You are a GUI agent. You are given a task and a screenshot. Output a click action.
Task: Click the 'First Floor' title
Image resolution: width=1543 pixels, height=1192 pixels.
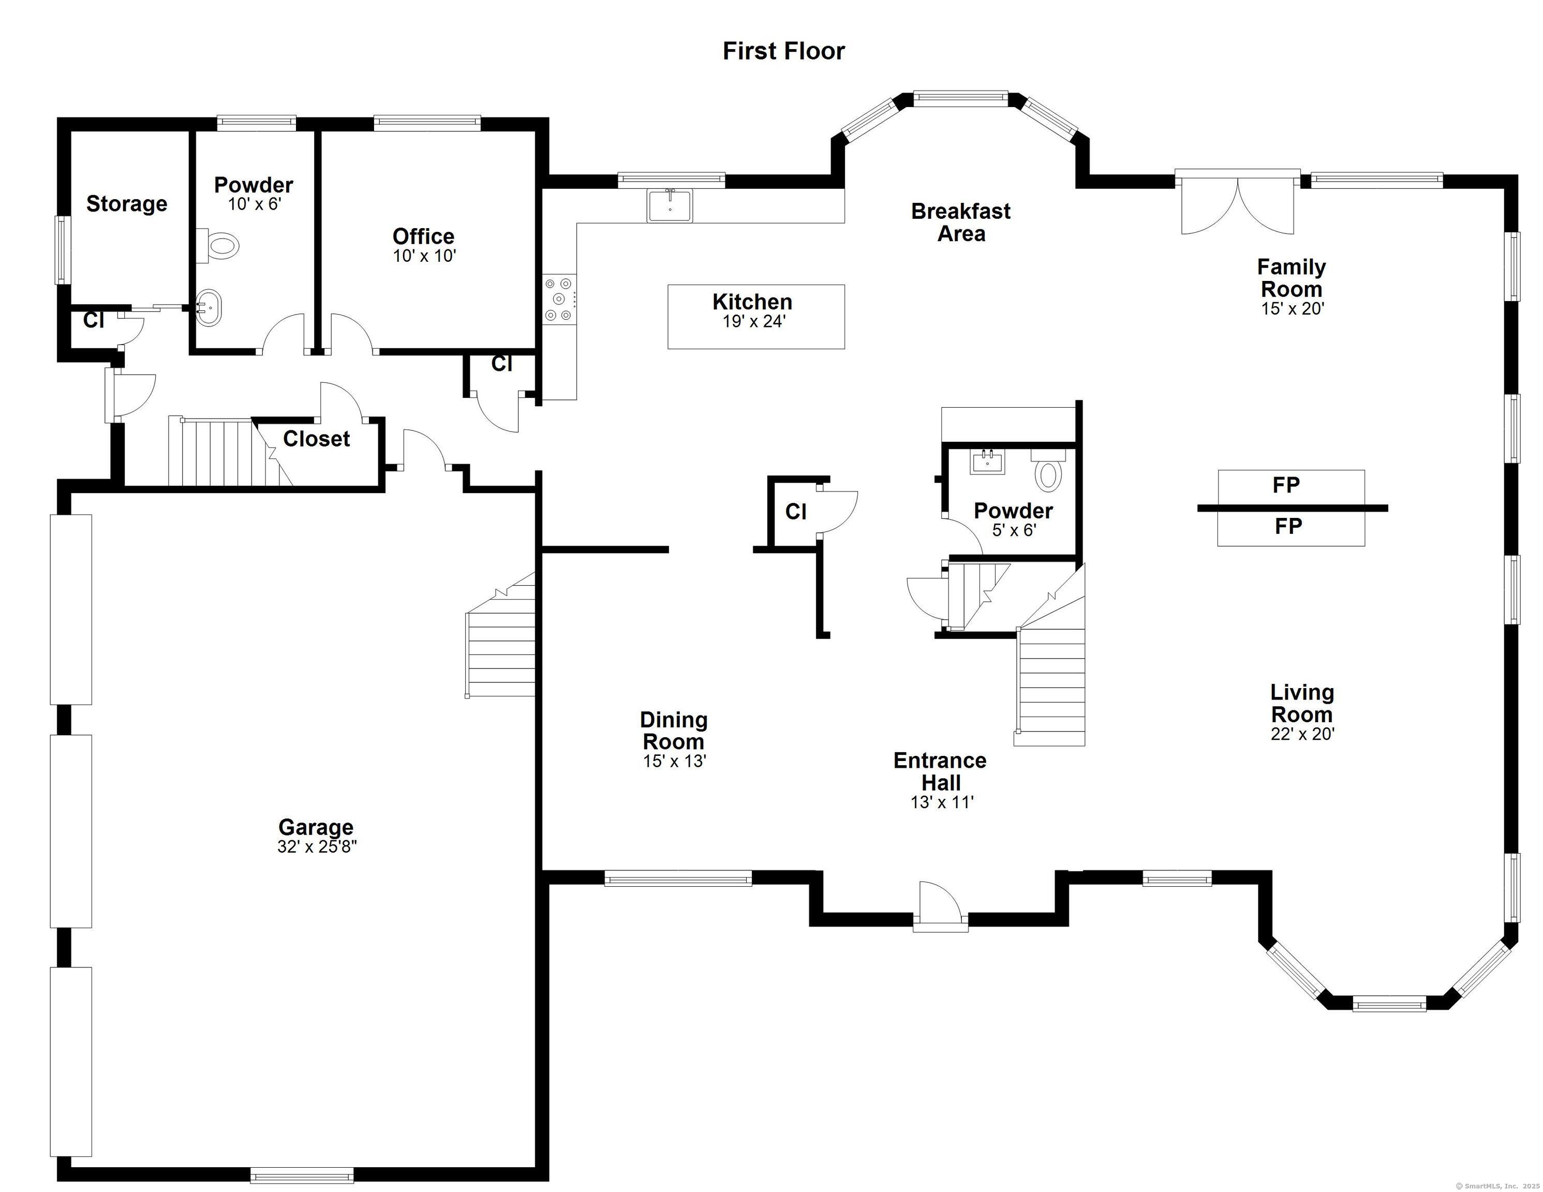pos(783,51)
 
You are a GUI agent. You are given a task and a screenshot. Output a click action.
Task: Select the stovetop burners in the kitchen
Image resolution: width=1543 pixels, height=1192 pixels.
pos(559,300)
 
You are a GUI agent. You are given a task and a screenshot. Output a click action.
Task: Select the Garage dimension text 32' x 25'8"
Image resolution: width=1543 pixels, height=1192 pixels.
pos(317,846)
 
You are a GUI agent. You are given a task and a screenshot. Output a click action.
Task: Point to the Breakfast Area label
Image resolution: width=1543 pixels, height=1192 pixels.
pos(961,222)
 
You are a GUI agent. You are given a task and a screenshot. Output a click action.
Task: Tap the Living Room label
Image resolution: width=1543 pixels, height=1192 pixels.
pos(1302,703)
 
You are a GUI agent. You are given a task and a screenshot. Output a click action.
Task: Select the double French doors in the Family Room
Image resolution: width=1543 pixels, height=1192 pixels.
pos(1238,203)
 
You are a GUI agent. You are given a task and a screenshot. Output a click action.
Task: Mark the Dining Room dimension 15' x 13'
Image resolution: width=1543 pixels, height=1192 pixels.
pos(675,761)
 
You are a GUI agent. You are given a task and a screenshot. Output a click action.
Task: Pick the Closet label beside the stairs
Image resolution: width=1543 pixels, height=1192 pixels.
pos(317,439)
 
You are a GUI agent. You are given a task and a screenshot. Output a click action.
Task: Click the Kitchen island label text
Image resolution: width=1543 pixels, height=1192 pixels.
pos(752,302)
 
